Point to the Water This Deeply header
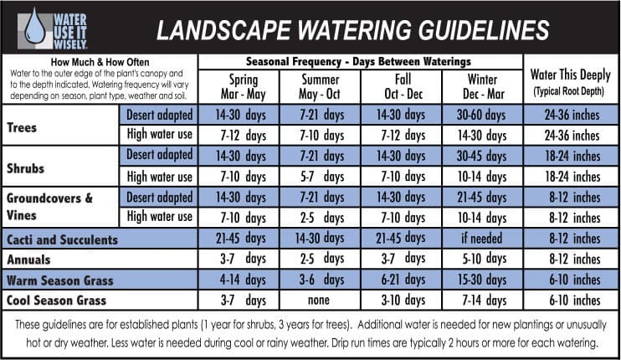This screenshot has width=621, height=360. [x=571, y=80]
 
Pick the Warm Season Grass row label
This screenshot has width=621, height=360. [x=59, y=280]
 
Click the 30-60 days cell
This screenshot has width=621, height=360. [x=482, y=115]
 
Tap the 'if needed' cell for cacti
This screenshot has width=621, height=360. [x=482, y=239]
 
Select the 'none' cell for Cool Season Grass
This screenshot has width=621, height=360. [x=321, y=300]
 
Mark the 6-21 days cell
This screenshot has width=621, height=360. [x=401, y=280]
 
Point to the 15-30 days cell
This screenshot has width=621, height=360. [x=482, y=280]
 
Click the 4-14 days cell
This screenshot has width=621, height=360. [x=239, y=280]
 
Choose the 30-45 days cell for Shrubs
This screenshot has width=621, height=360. [x=482, y=156]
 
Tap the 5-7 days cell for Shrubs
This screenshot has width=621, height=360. [x=321, y=177]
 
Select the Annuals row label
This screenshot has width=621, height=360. [x=29, y=260]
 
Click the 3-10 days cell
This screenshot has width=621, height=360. [x=401, y=300]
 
